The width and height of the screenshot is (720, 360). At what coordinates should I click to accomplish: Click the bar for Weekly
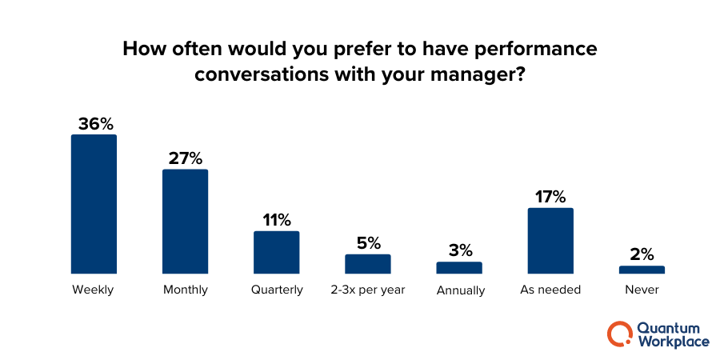(x=94, y=204)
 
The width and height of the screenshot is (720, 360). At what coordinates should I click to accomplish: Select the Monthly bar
(x=185, y=222)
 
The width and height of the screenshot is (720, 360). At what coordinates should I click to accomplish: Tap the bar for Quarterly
(x=276, y=252)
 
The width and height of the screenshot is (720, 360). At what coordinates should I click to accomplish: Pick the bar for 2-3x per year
(x=367, y=264)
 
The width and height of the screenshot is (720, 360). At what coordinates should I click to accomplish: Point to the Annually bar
(x=459, y=268)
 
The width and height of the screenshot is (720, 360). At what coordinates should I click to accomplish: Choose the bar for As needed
(x=550, y=241)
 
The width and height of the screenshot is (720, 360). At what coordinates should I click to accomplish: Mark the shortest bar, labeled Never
(x=642, y=270)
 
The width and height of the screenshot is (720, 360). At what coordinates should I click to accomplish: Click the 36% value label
(x=94, y=124)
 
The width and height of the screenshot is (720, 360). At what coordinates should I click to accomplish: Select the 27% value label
(x=186, y=158)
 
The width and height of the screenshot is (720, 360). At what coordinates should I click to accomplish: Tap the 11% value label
(x=276, y=220)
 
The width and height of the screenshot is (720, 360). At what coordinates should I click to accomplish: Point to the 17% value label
(x=550, y=197)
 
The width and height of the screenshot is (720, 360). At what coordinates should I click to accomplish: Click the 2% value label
(x=642, y=254)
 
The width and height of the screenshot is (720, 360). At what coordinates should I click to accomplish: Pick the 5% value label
(x=368, y=243)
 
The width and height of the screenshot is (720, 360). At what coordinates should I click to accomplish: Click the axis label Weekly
(x=94, y=290)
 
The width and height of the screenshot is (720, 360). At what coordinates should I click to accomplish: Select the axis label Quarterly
(x=276, y=290)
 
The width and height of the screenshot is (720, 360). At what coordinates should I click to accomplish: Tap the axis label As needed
(x=550, y=290)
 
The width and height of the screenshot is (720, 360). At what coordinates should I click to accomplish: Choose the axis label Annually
(x=460, y=290)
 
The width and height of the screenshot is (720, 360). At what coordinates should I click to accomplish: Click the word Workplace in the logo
(x=673, y=342)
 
